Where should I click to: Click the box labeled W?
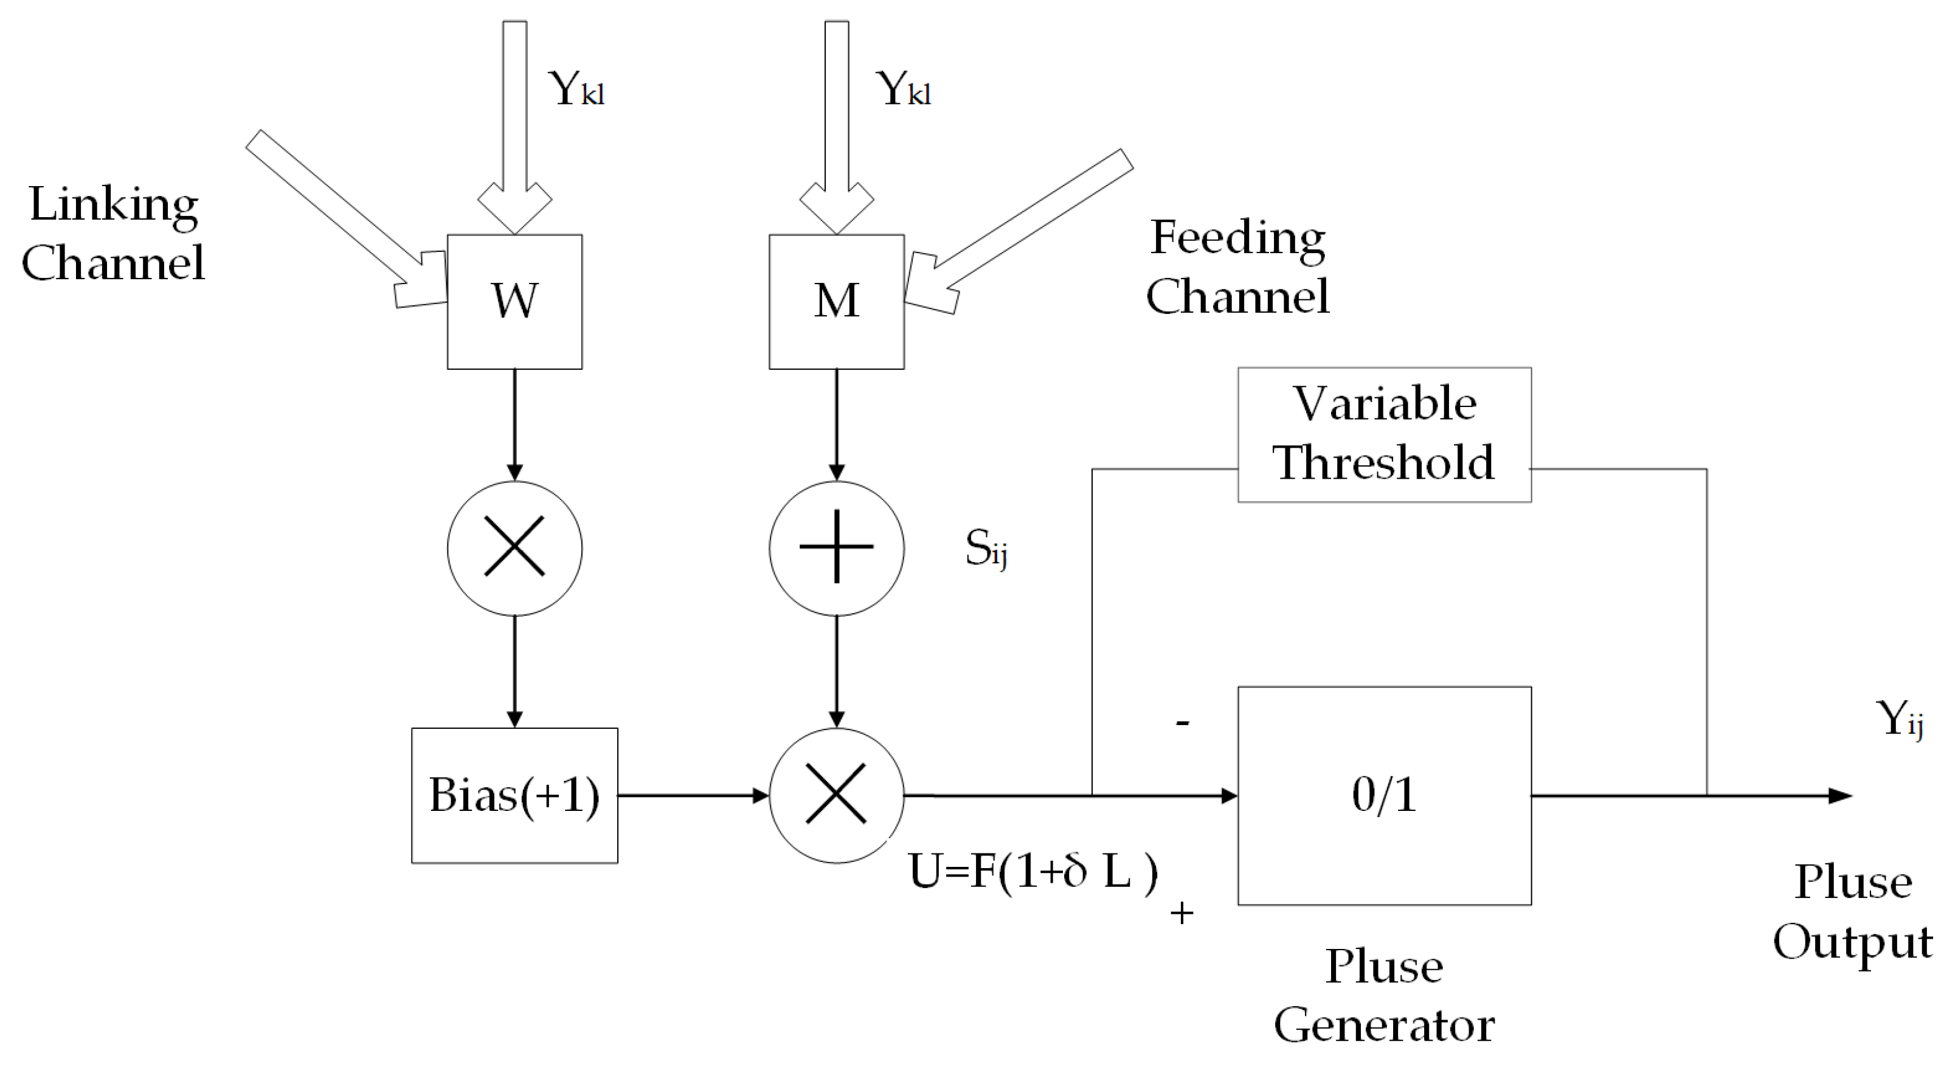coord(514,302)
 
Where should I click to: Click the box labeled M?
coord(836,302)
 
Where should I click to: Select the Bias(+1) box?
coord(514,795)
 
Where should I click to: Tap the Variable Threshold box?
coord(1384,434)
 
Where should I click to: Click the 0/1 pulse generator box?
coord(1384,795)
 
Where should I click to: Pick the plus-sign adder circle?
coord(836,547)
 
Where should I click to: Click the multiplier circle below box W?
coord(514,547)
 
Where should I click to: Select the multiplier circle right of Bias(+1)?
coord(836,795)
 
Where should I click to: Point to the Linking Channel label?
coord(113,234)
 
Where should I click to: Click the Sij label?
coord(986,547)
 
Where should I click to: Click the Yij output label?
coord(1898,718)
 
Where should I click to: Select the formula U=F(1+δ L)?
coord(1033,871)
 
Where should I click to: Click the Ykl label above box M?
coord(903,89)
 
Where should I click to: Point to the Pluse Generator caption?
coord(1384,996)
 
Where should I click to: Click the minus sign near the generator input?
coord(1182,722)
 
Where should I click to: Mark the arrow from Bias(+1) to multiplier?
coord(692,795)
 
